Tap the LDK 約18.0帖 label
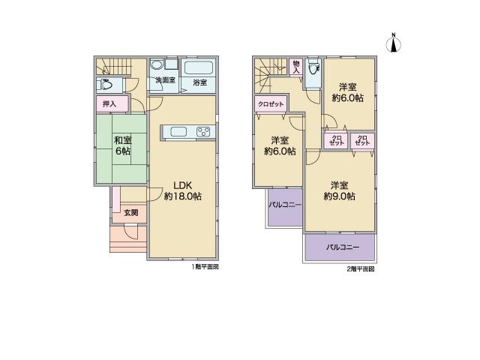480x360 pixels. pos(183,190)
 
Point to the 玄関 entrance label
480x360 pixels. pos(130,213)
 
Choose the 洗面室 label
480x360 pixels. pos(165,80)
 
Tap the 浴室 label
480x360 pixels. pos(199,81)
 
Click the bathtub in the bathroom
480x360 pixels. pos(199,68)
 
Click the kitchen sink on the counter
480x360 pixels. pos(178,133)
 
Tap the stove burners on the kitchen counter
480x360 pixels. pos(203,133)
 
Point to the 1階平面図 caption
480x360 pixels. pos(204,266)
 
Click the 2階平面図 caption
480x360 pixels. pos(360,268)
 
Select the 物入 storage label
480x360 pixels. pos(296,66)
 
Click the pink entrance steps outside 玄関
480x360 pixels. pos(127,239)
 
